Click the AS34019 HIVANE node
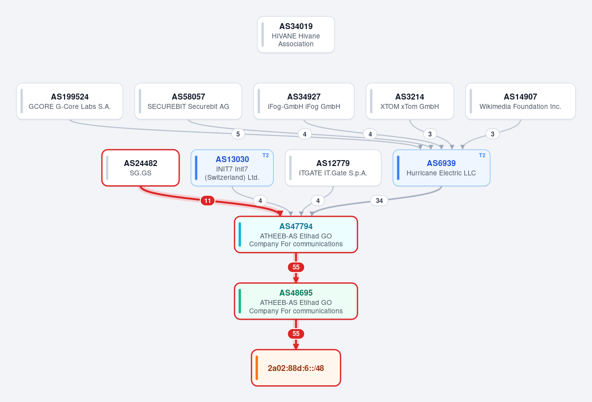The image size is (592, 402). (x=296, y=34)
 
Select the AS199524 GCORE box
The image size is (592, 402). (x=70, y=101)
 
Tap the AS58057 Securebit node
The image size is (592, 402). (x=188, y=101)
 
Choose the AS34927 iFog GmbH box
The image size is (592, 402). (x=304, y=101)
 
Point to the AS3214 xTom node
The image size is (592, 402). (x=409, y=101)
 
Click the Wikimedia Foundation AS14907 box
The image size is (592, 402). (x=520, y=101)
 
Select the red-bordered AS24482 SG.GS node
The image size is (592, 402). (x=141, y=168)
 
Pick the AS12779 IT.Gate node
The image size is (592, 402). (x=333, y=168)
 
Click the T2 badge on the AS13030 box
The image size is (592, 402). (x=265, y=155)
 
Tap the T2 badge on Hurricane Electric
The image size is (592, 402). (x=482, y=155)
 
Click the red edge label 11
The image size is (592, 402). (x=208, y=201)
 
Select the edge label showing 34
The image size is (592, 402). (x=379, y=201)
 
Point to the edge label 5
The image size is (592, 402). (x=238, y=134)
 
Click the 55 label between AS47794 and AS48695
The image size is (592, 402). (x=296, y=268)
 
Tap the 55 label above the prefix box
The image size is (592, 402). (x=296, y=334)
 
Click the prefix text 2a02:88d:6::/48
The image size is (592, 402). (x=296, y=368)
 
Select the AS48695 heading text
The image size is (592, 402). (x=296, y=293)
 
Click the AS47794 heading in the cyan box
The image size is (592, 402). (x=296, y=226)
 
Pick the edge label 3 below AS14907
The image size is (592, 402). (x=492, y=134)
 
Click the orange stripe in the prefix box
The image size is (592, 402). (x=257, y=368)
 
